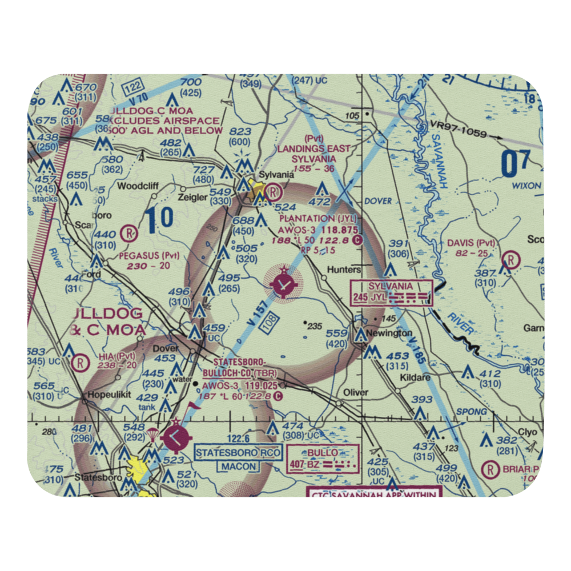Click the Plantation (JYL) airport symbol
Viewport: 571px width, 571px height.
point(283,282)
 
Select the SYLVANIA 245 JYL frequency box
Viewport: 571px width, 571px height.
point(392,292)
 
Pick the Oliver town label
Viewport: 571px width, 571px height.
point(357,393)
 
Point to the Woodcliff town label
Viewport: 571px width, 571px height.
point(137,186)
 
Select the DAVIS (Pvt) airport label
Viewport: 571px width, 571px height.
point(471,243)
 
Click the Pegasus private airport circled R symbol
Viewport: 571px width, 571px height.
point(129,233)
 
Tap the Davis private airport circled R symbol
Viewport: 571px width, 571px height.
point(510,260)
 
